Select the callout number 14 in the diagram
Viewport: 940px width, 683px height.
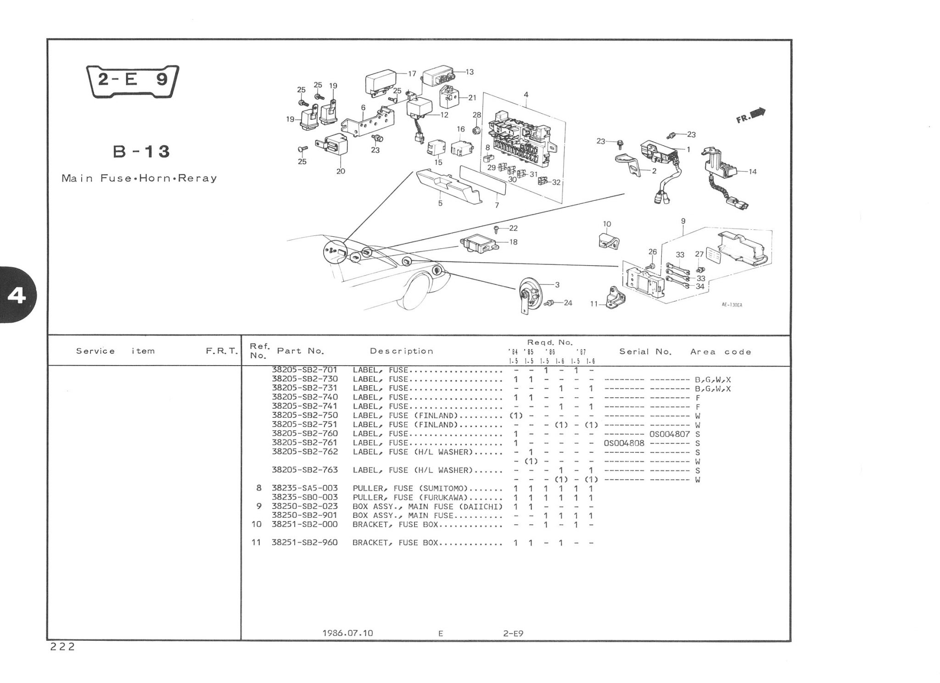[752, 172]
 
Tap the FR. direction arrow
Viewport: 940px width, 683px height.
[751, 116]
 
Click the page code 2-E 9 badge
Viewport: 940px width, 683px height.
[133, 81]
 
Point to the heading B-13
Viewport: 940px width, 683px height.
[141, 151]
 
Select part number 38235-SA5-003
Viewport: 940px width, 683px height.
[305, 488]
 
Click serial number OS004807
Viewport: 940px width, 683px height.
[670, 434]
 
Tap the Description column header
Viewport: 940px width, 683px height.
[402, 351]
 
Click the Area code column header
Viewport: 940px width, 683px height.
[721, 352]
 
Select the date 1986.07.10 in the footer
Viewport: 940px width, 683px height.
[347, 633]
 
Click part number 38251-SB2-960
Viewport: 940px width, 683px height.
[305, 543]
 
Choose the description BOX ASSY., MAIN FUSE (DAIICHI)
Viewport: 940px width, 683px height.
[427, 506]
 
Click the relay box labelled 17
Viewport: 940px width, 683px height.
[380, 83]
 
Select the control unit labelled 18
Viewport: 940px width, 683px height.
[477, 243]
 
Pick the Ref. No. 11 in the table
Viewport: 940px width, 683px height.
[256, 543]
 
